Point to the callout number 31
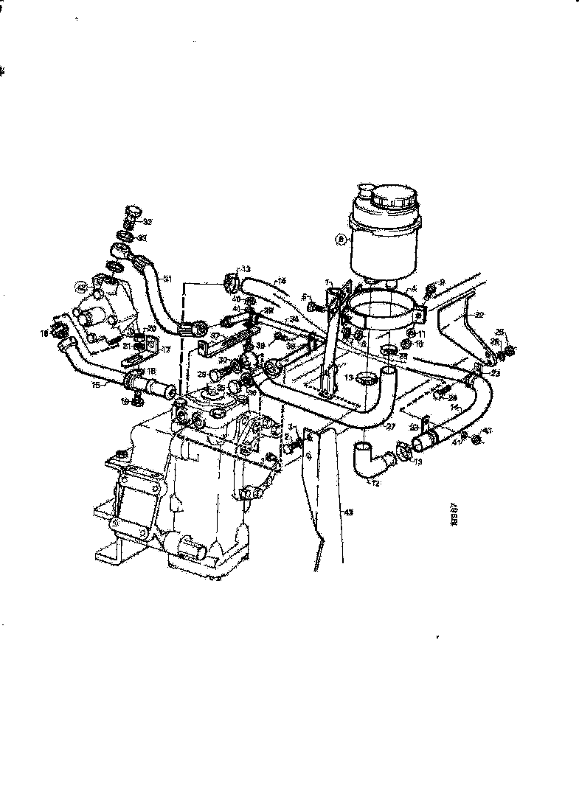point(167,279)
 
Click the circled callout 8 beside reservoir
point(341,238)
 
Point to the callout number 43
point(349,509)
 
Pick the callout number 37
point(215,336)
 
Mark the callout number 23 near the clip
point(495,373)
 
